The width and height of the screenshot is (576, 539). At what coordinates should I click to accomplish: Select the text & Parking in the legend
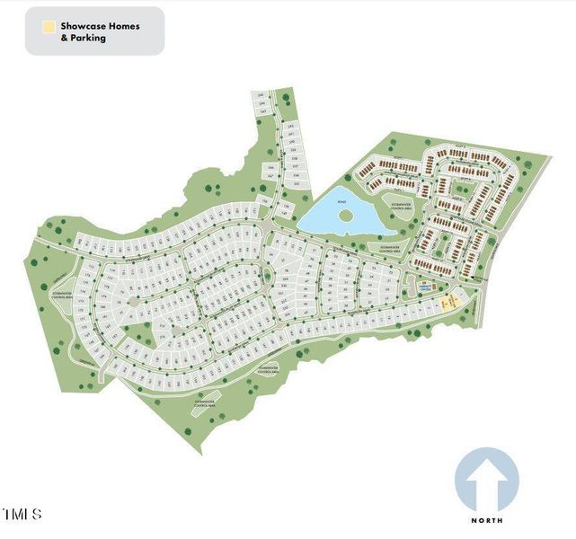84,39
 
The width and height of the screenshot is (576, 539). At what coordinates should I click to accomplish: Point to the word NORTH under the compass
487,520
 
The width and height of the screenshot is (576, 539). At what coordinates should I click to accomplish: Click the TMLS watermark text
22,515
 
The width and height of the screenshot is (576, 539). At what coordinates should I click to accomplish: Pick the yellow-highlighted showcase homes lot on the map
451,304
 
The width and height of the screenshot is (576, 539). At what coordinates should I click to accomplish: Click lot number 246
271,167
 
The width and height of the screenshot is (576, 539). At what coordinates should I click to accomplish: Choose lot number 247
272,177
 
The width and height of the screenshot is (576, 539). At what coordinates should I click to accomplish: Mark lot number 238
295,156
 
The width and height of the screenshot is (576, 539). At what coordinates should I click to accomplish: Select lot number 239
293,148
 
